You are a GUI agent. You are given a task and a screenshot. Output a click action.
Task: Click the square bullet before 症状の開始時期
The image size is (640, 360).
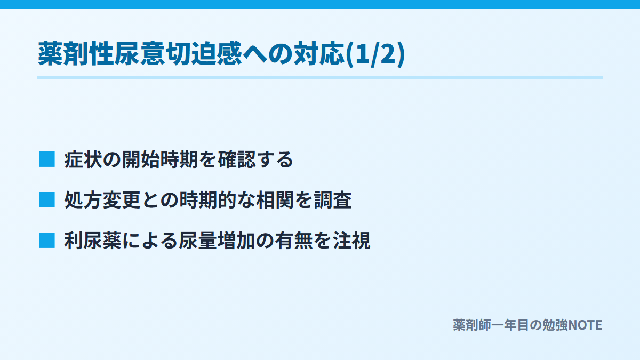[x=47, y=159]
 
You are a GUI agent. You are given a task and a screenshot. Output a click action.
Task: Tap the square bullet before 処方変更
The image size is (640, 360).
[x=47, y=199]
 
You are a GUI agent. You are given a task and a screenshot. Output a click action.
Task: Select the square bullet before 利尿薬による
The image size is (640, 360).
[x=47, y=241]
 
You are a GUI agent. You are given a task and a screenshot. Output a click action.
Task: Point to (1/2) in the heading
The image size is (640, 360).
[x=375, y=54]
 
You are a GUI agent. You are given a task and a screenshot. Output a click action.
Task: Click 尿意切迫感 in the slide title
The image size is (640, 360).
[x=178, y=54]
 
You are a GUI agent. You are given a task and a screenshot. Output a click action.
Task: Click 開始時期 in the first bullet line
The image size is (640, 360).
[x=160, y=159]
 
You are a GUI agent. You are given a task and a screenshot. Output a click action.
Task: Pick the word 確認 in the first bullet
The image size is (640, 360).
[x=237, y=159]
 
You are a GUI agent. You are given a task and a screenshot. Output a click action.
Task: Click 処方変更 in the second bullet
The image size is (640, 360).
[x=102, y=200]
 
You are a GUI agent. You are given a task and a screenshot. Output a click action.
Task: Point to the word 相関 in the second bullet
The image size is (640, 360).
[x=275, y=200]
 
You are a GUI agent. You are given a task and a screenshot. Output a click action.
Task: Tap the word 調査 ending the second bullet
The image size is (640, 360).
[x=333, y=200]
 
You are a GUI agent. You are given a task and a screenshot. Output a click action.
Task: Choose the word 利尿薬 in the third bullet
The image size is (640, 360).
[x=93, y=241]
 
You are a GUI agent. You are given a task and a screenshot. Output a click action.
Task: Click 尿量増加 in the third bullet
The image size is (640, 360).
[x=218, y=241]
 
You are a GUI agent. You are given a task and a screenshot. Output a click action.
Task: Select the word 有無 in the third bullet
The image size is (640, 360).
[x=294, y=241]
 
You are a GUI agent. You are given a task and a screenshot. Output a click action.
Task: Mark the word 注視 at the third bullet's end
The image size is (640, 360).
[x=351, y=241]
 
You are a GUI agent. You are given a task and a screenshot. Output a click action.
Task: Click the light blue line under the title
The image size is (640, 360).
[x=320, y=78]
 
